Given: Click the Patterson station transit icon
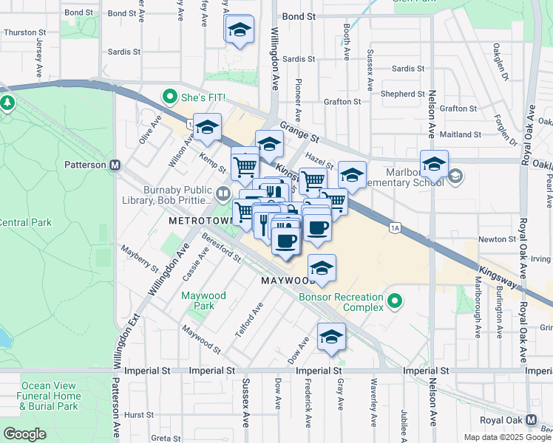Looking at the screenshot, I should click(x=115, y=165).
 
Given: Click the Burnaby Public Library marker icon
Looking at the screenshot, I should click(x=223, y=194).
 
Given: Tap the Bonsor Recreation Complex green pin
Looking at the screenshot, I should click(x=396, y=301).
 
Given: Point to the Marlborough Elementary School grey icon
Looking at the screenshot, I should click(x=455, y=176).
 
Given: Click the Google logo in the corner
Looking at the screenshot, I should click(x=24, y=433).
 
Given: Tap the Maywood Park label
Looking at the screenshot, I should click(x=203, y=301).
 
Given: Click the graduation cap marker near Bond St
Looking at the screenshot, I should click(x=239, y=30).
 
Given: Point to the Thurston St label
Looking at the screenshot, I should click(x=25, y=32).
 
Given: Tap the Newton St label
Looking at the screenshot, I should click(x=497, y=239).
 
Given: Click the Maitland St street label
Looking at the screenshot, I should click(x=460, y=135).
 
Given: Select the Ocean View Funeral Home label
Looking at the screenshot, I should click(x=50, y=396).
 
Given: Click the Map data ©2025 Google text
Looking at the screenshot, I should click(x=507, y=437).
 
